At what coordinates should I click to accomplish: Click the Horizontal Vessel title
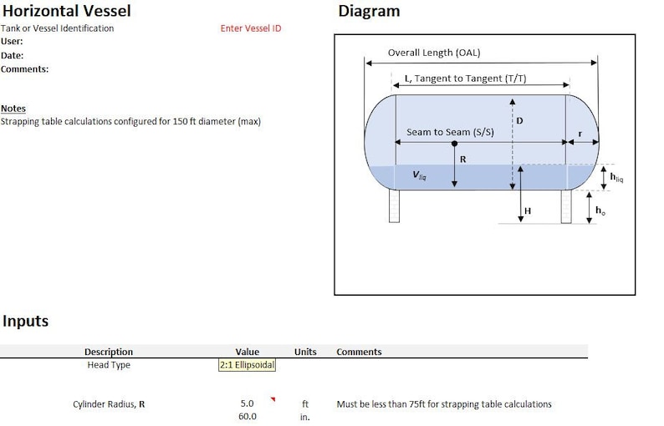(66, 12)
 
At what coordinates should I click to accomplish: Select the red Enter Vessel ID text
(251, 28)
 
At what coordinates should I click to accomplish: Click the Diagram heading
(369, 12)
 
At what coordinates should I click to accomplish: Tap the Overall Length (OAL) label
(434, 53)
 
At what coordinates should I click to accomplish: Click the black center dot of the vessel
(454, 144)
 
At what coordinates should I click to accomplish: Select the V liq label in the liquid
(419, 176)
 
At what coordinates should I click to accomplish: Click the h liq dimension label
(615, 176)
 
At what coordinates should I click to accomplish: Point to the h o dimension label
(600, 210)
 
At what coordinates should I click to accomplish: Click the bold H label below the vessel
(528, 211)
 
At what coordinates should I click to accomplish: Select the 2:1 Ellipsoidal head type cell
(247, 365)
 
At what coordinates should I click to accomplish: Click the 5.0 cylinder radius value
(247, 404)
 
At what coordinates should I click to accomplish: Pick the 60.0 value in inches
(247, 416)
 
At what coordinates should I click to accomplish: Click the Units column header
(305, 352)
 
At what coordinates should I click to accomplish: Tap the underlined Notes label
(13, 109)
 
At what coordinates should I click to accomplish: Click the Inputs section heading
(25, 322)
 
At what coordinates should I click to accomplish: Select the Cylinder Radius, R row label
(109, 404)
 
